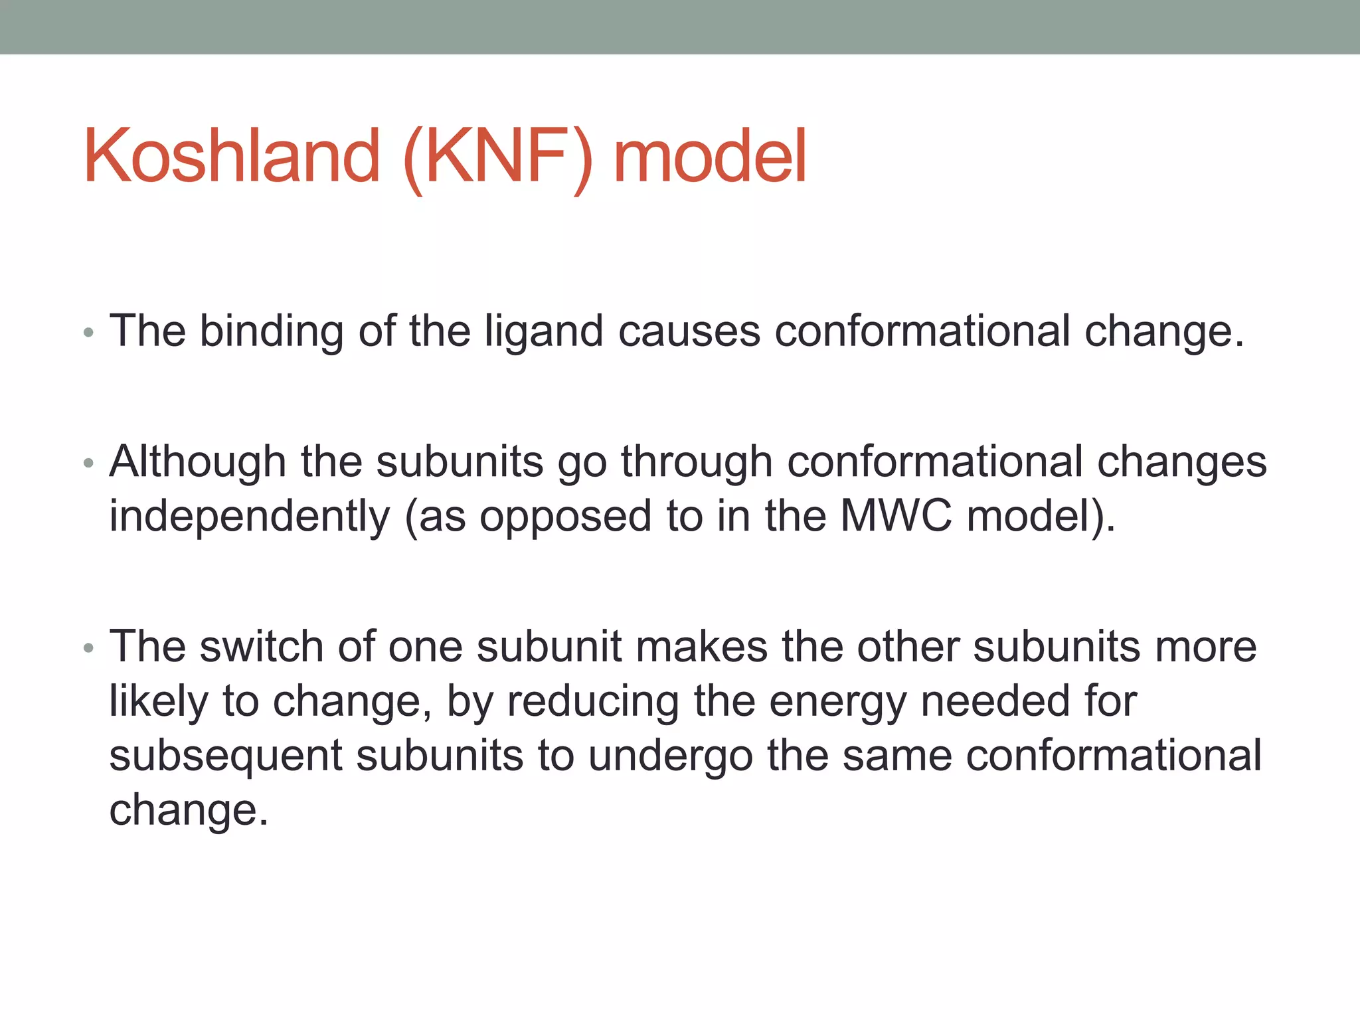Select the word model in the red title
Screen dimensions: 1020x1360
[709, 156]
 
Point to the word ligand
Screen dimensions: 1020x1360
[543, 331]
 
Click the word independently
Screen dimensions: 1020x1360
[250, 517]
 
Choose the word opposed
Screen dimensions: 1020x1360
[565, 518]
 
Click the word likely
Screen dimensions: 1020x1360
[158, 701]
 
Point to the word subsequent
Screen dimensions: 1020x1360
[226, 756]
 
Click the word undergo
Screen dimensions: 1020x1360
[670, 756]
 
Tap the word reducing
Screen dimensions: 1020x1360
[593, 701]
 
